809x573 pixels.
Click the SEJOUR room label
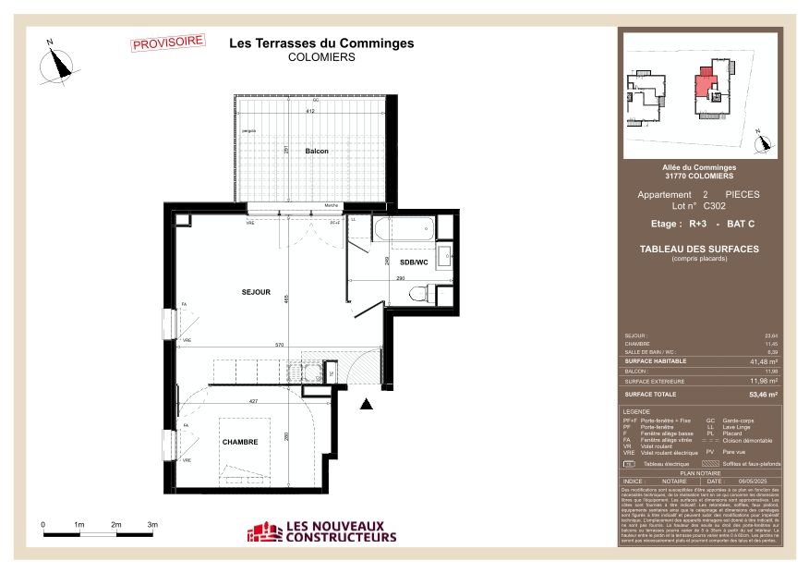pos(256,292)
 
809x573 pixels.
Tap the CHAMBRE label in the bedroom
pos(240,443)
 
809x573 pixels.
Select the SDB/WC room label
pos(413,262)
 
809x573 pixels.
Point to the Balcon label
pos(317,151)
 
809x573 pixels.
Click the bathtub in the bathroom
pos(404,229)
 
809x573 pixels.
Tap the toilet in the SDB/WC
pos(419,294)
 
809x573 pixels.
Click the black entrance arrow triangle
pos(367,403)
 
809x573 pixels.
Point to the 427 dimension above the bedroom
pos(251,401)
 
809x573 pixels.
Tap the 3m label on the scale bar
pos(151,524)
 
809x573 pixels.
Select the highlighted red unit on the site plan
pos(707,84)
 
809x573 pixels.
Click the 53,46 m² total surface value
pos(764,394)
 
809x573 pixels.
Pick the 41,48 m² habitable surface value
pos(764,362)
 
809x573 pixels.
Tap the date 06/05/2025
pos(753,481)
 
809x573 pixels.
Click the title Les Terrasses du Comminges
pos(320,43)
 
